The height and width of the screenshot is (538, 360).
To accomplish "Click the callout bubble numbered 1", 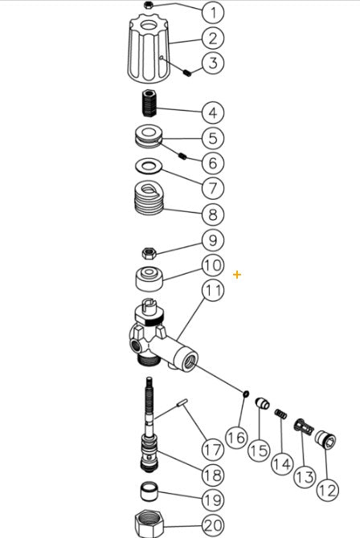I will click(212, 12).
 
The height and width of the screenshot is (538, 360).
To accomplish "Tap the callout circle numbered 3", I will click(212, 63).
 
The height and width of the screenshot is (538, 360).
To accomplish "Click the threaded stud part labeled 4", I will click(149, 104).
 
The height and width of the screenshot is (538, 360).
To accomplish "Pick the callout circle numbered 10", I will click(212, 265).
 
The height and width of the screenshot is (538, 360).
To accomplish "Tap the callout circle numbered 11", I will click(212, 291).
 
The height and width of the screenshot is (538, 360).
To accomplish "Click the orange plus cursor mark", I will click(237, 275).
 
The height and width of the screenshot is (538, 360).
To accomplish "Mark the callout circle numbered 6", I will click(212, 163).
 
